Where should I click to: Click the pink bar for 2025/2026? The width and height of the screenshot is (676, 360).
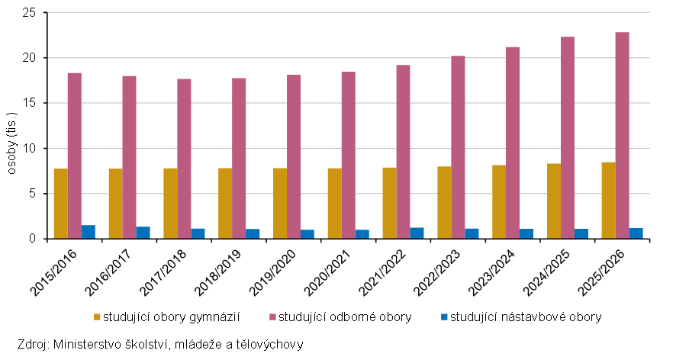pyautogui.click(x=622, y=135)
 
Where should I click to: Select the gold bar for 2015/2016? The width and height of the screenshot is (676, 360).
pyautogui.click(x=61, y=204)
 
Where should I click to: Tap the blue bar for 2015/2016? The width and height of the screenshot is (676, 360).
pyautogui.click(x=89, y=232)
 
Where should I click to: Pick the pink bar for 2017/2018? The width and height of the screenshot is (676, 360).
pyautogui.click(x=184, y=159)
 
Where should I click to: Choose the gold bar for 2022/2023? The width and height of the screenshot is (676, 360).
pyautogui.click(x=444, y=203)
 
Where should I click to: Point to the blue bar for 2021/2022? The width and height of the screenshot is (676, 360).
pyautogui.click(x=417, y=233)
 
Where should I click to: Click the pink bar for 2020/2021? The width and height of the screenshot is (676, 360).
pyautogui.click(x=349, y=155)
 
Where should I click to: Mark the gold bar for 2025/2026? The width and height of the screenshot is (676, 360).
pyautogui.click(x=608, y=201)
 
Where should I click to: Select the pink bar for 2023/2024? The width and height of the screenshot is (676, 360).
pyautogui.click(x=513, y=143)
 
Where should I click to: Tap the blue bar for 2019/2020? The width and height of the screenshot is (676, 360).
pyautogui.click(x=307, y=234)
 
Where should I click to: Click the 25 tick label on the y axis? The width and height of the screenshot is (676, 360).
pyautogui.click(x=31, y=12)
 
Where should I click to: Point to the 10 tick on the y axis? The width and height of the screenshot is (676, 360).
pyautogui.click(x=31, y=148)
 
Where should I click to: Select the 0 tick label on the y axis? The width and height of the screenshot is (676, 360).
pyautogui.click(x=34, y=239)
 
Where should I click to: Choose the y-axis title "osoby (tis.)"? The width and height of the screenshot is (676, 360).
pyautogui.click(x=11, y=143)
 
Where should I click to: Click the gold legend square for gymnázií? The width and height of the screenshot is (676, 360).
pyautogui.click(x=97, y=317)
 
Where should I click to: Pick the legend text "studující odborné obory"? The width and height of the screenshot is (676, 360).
pyautogui.click(x=345, y=317)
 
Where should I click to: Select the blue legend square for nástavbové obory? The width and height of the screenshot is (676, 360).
pyautogui.click(x=444, y=317)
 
